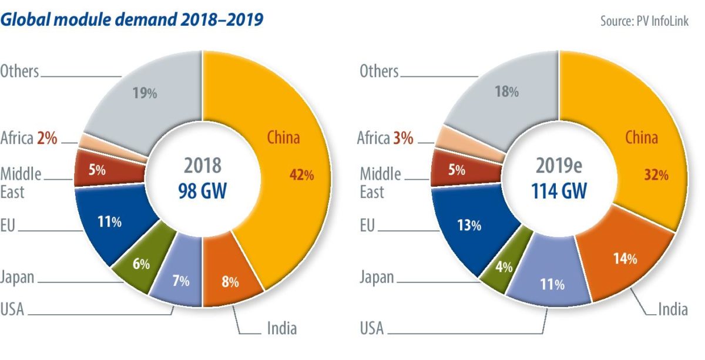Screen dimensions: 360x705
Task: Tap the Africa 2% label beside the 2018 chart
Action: click(x=28, y=139)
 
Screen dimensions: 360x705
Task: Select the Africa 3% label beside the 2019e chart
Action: click(x=385, y=139)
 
